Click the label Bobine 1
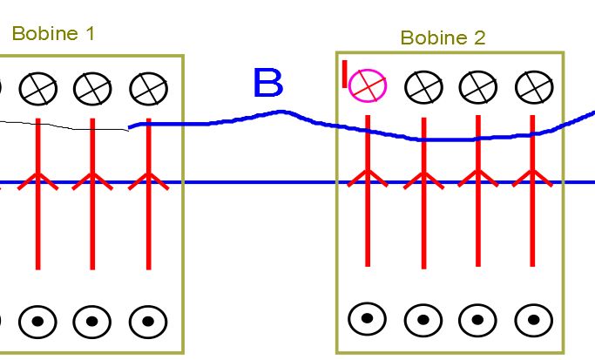pos(53,34)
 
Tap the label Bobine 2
pos(443,37)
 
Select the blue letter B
pos(267,84)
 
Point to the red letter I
pos(345,73)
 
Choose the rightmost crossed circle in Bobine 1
pos(148,87)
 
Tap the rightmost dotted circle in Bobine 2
pos(531,319)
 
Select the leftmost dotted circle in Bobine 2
pos(367,319)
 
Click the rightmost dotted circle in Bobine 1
pos(148,321)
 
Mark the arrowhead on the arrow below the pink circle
pos(368,177)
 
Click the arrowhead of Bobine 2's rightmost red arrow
pos(531,177)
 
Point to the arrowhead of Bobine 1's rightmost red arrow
pos(148,179)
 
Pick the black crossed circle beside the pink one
pos(423,85)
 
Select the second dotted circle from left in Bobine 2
pos(423,319)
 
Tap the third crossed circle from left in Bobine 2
pos(477,85)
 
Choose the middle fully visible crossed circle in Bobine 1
pos(92,87)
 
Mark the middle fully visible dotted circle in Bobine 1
pos(92,321)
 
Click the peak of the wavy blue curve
pos(281,112)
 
